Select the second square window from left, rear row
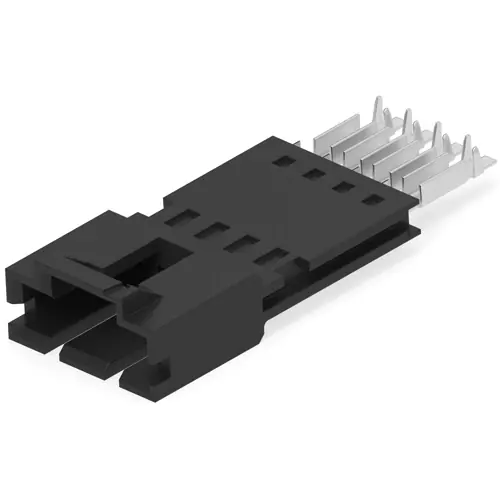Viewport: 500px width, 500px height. point(312,172)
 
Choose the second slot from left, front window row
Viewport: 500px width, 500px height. point(210,229)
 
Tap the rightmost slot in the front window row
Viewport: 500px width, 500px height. point(267,261)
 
